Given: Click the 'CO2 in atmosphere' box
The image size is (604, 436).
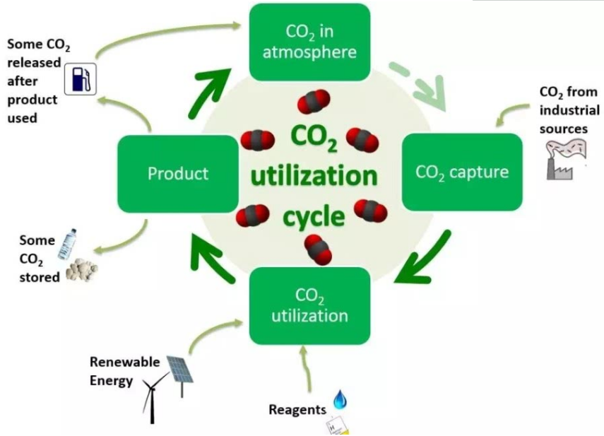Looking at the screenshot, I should pyautogui.click(x=309, y=42).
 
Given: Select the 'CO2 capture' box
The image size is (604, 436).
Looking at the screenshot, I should pyautogui.click(x=462, y=172).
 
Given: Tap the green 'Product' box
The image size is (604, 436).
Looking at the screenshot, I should pyautogui.click(x=177, y=173).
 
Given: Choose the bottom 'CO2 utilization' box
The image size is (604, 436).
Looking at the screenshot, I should pyautogui.click(x=309, y=305).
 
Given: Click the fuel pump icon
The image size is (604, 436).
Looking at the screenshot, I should pyautogui.click(x=80, y=78).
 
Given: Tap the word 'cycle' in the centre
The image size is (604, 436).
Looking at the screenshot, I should pyautogui.click(x=314, y=216).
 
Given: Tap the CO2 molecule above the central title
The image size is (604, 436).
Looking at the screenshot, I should pyautogui.click(x=314, y=101).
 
